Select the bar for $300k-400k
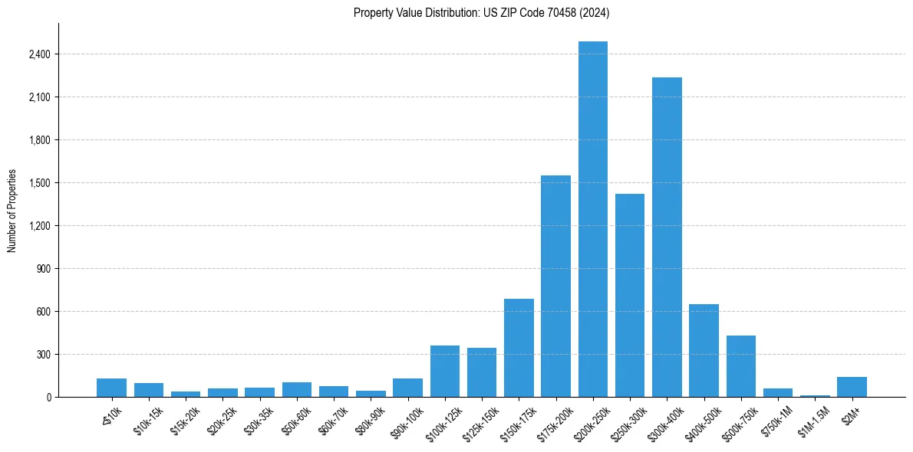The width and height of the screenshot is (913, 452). pyautogui.click(x=667, y=237)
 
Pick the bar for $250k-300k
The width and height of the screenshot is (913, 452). pyautogui.click(x=630, y=295)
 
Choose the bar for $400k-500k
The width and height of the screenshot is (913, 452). pyautogui.click(x=704, y=350)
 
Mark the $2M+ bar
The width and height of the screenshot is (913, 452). pyautogui.click(x=852, y=387)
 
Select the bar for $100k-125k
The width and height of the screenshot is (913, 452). pyautogui.click(x=445, y=372)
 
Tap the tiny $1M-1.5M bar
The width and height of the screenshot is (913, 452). pyautogui.click(x=815, y=395)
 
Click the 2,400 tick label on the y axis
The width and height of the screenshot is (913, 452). pyautogui.click(x=40, y=54)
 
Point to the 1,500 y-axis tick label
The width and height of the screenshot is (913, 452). pyautogui.click(x=40, y=183)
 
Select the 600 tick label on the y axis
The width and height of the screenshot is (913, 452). pyautogui.click(x=44, y=312)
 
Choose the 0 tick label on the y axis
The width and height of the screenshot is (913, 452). pyautogui.click(x=48, y=398)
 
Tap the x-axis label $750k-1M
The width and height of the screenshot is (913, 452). pyautogui.click(x=776, y=420)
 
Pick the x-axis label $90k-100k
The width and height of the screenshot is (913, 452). pyautogui.click(x=406, y=421)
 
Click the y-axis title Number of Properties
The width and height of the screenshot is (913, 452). pyautogui.click(x=12, y=211)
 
